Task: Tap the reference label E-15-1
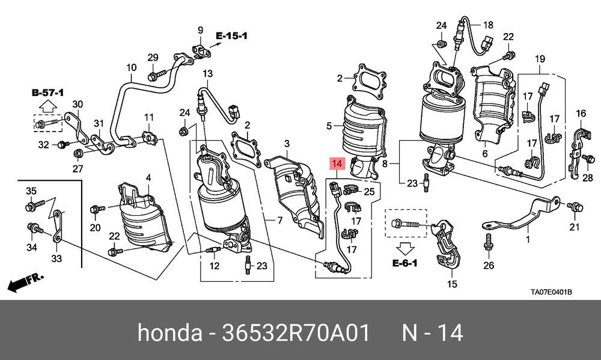coord(231,36)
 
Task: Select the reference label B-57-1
coord(47,93)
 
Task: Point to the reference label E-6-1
coord(405,263)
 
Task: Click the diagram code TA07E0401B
coord(551,293)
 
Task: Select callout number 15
coord(451,284)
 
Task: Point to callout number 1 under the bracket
coord(528,239)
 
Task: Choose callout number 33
coord(56,259)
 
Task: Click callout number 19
coord(539,58)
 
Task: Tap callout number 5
coord(329,126)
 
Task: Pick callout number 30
coord(78,104)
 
